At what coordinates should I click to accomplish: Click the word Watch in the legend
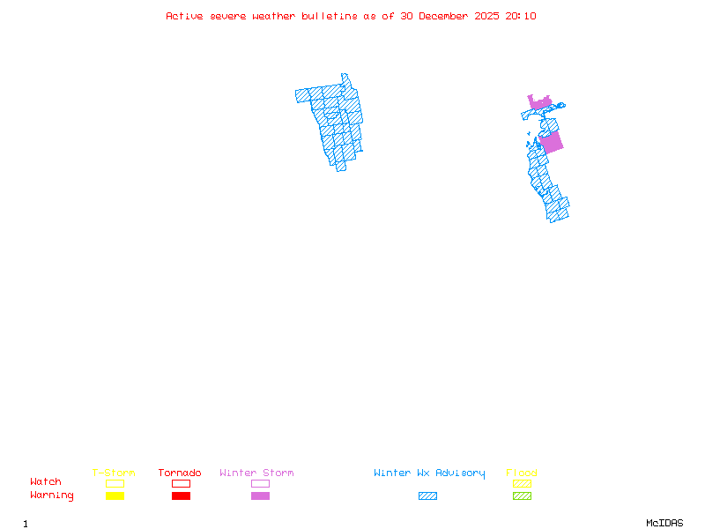(46, 482)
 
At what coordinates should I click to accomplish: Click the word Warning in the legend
(52, 495)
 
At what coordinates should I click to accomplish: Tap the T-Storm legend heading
(114, 473)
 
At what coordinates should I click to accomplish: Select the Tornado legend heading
(180, 473)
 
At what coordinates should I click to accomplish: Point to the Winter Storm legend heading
(256, 473)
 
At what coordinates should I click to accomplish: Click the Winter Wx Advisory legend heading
(429, 473)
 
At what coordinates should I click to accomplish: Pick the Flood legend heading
(522, 473)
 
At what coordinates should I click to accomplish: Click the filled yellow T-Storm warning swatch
(115, 496)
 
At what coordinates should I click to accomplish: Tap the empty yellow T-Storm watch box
(115, 483)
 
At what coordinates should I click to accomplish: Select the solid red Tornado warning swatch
(181, 496)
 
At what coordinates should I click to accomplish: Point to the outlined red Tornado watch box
(181, 483)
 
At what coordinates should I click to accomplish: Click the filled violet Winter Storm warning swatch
(260, 496)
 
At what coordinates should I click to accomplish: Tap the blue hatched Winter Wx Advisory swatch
(427, 496)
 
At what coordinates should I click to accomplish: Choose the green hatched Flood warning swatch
(522, 496)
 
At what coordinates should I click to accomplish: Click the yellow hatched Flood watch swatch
(522, 483)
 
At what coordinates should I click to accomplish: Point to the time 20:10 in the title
(519, 17)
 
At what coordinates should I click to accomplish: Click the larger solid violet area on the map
(552, 142)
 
